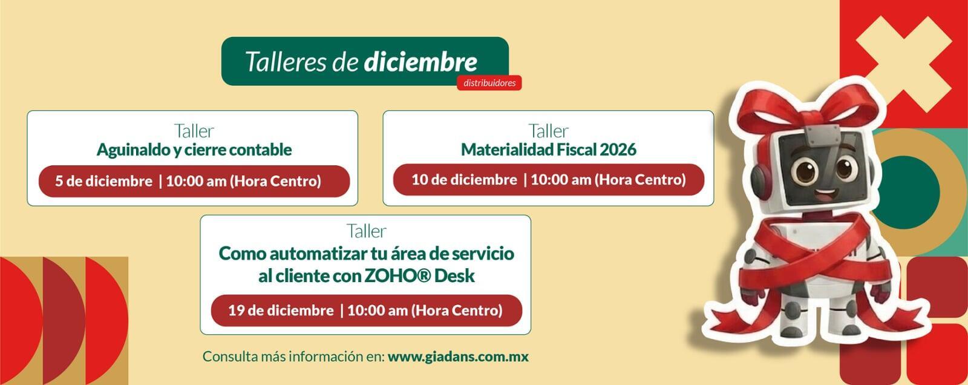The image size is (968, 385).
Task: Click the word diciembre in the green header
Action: coord(420,62)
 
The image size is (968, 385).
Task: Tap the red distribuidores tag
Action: coord(489,82)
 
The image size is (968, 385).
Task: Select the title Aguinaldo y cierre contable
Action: coord(194,150)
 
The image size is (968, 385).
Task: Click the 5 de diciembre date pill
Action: coord(194,181)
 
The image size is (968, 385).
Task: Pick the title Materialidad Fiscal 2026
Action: coord(548,150)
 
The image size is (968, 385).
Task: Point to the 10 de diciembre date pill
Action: coord(548,180)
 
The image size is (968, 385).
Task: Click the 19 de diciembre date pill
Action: coord(366,311)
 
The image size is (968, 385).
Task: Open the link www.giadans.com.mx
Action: coord(458,357)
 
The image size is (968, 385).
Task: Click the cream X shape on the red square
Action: coord(904,64)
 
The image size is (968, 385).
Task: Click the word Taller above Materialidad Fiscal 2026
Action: coord(548,131)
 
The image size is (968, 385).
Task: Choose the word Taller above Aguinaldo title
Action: coord(194,131)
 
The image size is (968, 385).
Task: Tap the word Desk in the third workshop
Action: coord(454,275)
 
